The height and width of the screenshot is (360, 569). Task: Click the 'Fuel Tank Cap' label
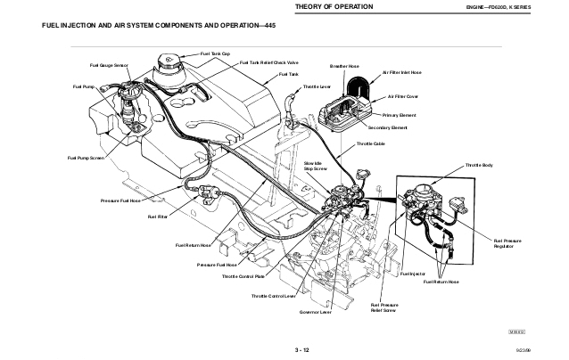(216, 54)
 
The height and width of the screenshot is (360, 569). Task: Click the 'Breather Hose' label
(344, 66)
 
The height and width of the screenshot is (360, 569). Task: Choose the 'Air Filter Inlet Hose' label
(401, 72)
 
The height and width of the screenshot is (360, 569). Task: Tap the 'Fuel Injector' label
(413, 274)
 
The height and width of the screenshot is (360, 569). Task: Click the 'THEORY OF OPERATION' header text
(332, 8)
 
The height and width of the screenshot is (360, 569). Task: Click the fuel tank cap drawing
(169, 65)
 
